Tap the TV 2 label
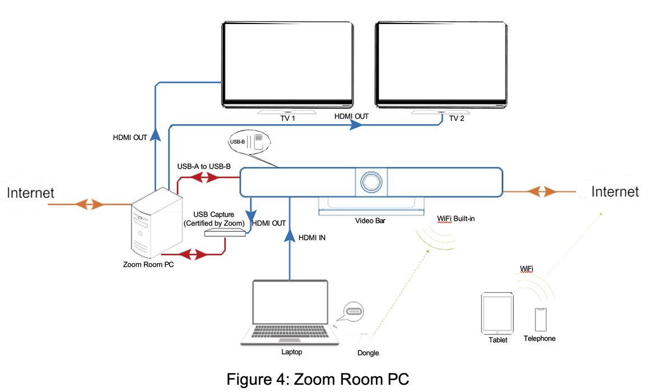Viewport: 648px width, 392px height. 457,118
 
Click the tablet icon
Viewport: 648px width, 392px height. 497,314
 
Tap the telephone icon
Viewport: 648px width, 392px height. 540,319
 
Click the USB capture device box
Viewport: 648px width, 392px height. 225,232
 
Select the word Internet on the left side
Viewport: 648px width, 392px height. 31,193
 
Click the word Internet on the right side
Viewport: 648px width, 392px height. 615,192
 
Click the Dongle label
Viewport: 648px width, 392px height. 368,353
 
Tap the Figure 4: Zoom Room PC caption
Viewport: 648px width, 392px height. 318,379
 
